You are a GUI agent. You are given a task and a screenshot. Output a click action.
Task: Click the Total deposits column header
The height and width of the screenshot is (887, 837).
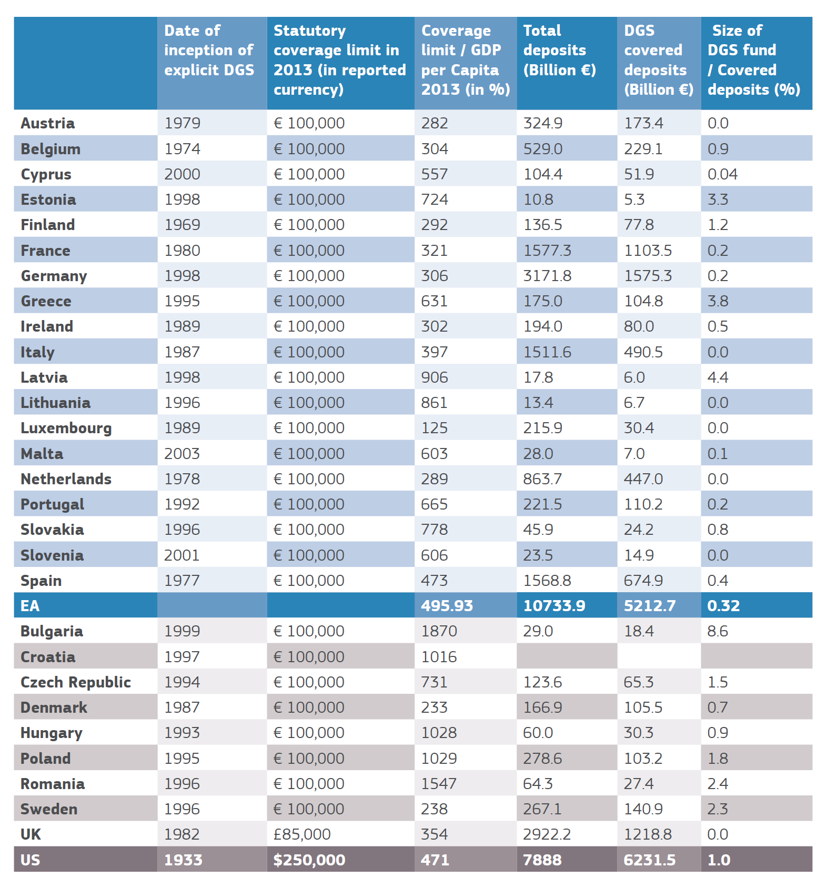[x=559, y=50]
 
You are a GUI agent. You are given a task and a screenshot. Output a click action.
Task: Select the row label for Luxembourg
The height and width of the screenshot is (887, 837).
[x=66, y=428]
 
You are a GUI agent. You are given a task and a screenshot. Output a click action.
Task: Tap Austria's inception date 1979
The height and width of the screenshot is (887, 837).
[x=182, y=123]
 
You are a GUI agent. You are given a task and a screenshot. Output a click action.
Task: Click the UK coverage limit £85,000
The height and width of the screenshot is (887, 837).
[x=302, y=834]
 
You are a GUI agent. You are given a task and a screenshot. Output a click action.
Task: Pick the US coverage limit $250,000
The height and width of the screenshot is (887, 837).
[x=309, y=860]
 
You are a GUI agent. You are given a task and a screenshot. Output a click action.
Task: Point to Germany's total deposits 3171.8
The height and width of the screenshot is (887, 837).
[x=547, y=276]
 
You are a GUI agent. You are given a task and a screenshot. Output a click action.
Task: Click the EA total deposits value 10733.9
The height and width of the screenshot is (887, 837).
[x=554, y=606]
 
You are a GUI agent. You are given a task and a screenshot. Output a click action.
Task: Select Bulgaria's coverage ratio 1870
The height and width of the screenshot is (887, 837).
[x=439, y=631]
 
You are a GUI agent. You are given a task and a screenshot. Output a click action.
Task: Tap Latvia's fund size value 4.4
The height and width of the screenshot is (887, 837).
[x=718, y=377]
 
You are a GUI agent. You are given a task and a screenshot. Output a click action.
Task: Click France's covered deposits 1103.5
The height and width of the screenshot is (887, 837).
[x=648, y=251]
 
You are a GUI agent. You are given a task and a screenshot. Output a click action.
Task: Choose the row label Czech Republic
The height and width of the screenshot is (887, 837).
[x=76, y=682]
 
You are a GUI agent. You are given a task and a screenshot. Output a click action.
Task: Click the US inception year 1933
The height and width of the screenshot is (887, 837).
[x=183, y=860]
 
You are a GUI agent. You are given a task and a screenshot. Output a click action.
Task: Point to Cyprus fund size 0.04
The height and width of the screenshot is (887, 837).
[x=722, y=174]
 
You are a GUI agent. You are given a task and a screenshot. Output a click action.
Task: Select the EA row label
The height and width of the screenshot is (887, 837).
[x=30, y=606]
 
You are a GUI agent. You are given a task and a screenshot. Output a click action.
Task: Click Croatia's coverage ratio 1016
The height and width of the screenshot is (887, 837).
[x=439, y=657]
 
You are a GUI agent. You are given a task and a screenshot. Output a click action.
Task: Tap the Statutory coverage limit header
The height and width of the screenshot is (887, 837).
[x=340, y=60]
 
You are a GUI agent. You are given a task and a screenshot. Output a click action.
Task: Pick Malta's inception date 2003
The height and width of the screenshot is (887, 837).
[x=182, y=454]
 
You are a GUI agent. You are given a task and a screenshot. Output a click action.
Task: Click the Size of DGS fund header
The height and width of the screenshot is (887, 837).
[x=754, y=60]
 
